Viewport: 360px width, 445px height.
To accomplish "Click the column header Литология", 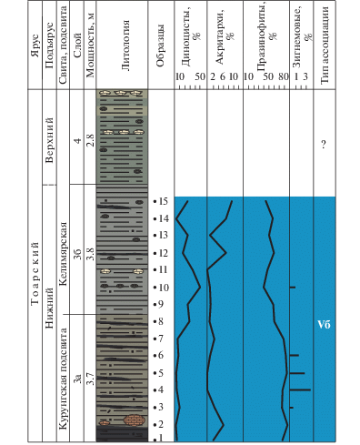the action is tap(125, 46).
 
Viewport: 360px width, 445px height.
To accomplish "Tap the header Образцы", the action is tap(160, 46).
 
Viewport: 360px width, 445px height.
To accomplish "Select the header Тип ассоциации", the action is tap(325, 45).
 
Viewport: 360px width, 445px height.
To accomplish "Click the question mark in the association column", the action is tap(324, 144).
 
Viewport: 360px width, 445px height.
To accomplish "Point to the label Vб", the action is tap(324, 325).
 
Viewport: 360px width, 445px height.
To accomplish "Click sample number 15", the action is tap(163, 201).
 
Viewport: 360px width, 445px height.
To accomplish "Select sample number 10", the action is tap(164, 288).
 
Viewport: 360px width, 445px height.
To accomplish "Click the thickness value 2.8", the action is tap(90, 140).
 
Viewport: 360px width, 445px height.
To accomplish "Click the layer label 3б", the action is tap(77, 254).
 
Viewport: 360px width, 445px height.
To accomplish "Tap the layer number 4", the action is tap(78, 141).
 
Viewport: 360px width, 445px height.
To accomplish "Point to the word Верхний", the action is tap(49, 140).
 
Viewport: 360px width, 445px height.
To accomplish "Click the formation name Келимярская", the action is tap(64, 254).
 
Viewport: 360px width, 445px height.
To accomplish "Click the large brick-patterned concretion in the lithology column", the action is tap(135, 420).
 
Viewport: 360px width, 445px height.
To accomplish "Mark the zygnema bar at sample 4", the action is tap(300, 389).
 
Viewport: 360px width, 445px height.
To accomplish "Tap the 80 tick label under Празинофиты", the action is tap(284, 76).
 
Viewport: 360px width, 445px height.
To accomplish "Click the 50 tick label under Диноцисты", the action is tap(200, 76).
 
